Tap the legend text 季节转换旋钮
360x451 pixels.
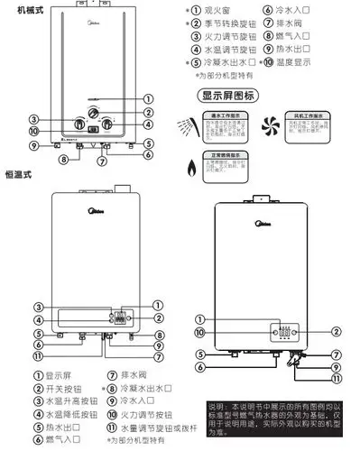[x=226, y=24]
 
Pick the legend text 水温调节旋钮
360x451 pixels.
[x=226, y=51]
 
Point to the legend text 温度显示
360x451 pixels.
[x=307, y=64]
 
